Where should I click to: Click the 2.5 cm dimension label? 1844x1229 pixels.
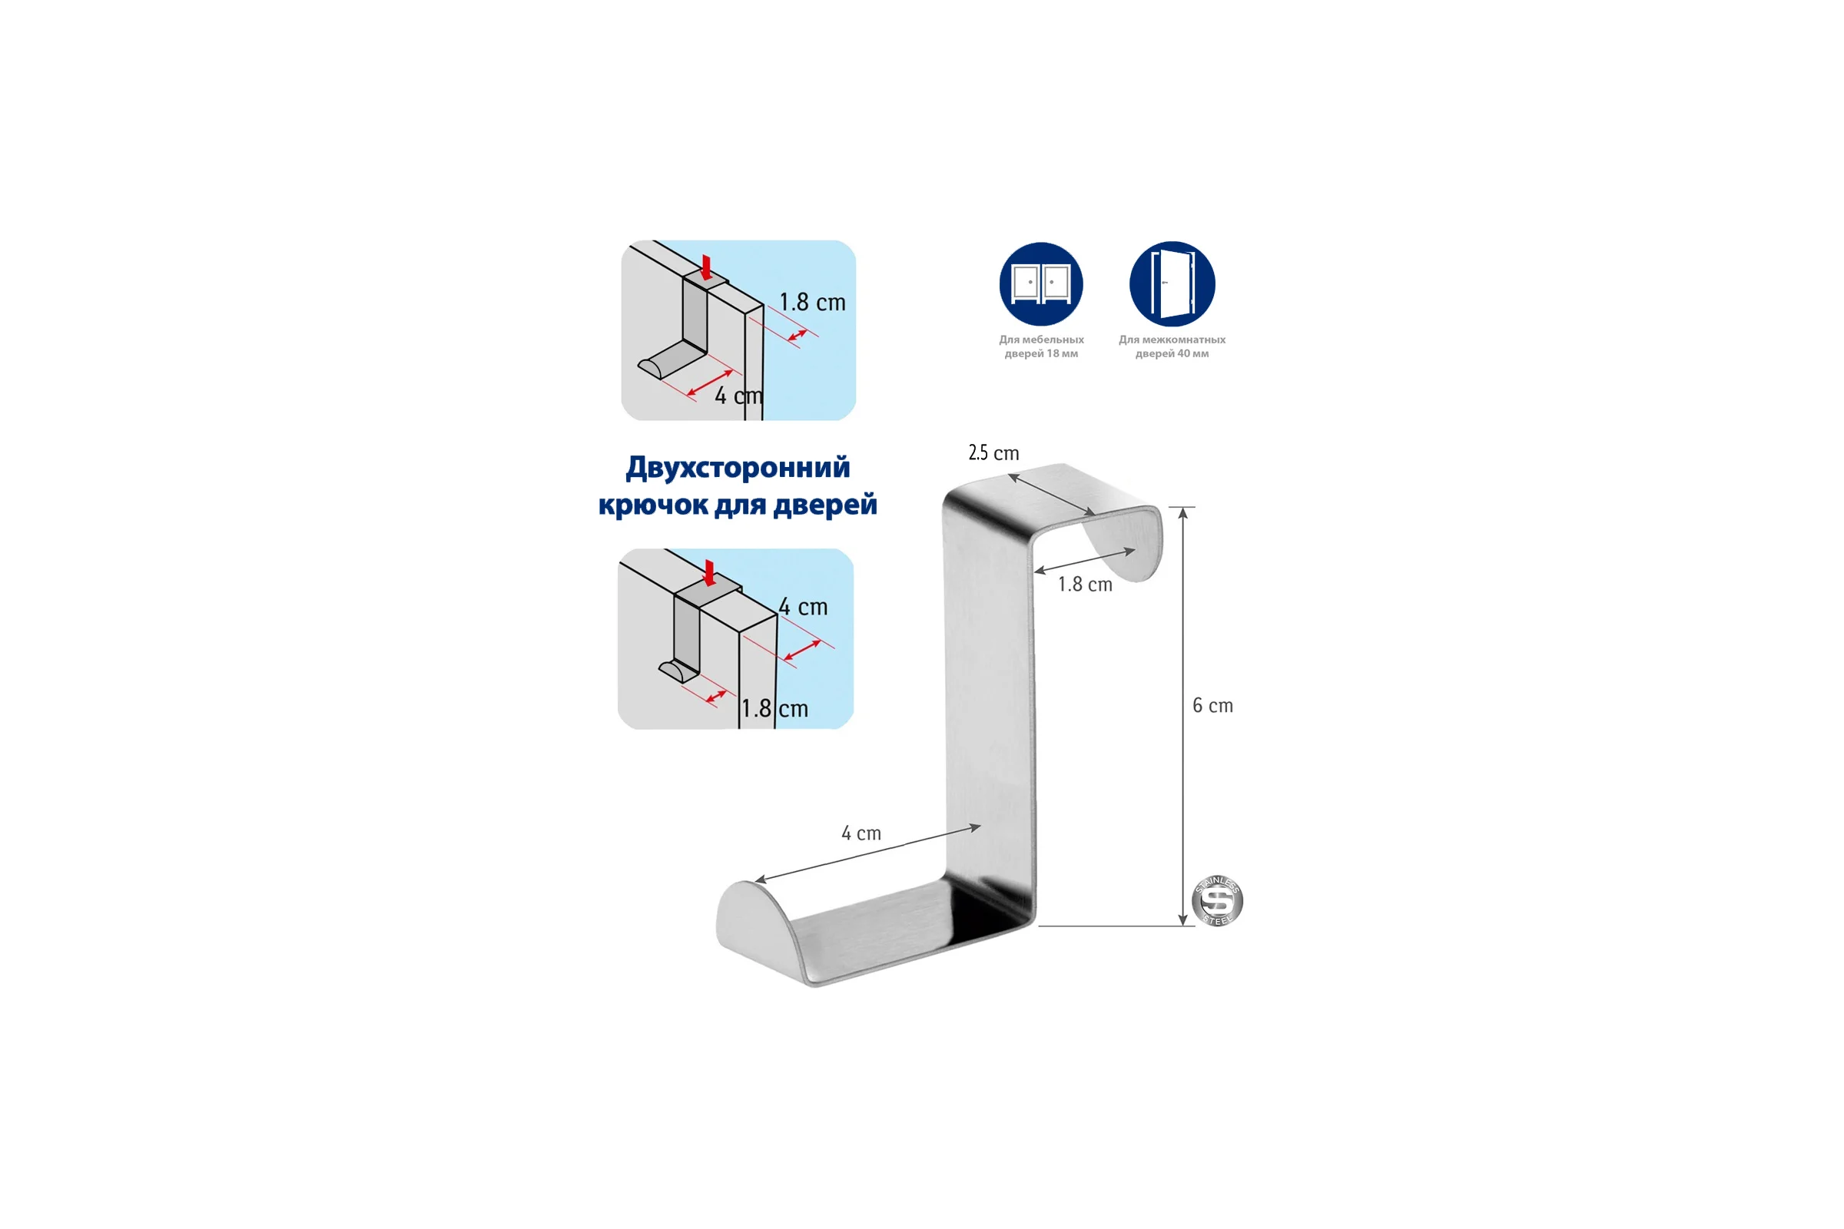[x=993, y=453]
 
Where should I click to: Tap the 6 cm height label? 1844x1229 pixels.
[x=1212, y=705]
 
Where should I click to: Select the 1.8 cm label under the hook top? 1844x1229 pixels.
[x=1085, y=584]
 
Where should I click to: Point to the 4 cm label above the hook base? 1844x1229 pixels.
[x=861, y=833]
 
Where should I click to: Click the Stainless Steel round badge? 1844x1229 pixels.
[x=1217, y=900]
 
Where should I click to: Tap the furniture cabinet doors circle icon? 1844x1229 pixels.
[x=1041, y=283]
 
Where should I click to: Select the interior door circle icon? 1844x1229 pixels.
[x=1172, y=283]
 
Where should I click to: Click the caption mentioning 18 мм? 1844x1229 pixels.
[x=1041, y=346]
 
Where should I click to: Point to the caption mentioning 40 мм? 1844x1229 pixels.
[x=1172, y=346]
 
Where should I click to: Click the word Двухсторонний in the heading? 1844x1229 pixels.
[x=738, y=468]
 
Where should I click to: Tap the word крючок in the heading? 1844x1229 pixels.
[x=653, y=504]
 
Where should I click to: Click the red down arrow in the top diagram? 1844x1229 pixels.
[x=706, y=267]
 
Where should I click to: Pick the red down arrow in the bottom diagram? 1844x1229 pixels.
[x=709, y=573]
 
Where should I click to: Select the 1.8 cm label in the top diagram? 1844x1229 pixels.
[x=812, y=303]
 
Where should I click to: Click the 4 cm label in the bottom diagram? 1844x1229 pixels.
[x=803, y=607]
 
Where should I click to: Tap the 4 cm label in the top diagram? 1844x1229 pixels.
[x=738, y=396]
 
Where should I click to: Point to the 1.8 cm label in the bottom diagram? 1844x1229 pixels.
[x=774, y=708]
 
